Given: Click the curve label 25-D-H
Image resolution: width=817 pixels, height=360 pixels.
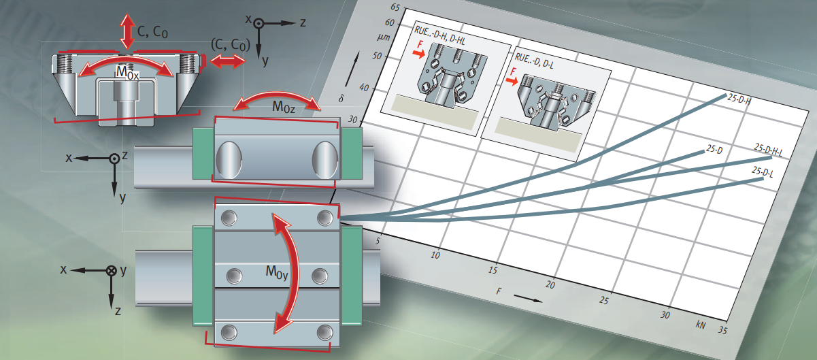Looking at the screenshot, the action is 739,99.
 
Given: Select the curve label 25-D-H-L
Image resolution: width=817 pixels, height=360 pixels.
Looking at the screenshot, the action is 768,150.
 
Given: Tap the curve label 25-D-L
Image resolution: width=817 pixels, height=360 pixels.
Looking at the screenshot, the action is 763,171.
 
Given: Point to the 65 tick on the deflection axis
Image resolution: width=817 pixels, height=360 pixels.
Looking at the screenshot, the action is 395,7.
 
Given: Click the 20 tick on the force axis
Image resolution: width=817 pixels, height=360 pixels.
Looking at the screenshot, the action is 550,285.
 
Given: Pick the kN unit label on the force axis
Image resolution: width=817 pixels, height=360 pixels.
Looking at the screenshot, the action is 700,325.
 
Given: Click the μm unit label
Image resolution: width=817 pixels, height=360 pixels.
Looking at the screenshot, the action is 384,37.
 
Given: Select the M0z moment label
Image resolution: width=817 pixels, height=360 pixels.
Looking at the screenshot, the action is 284,107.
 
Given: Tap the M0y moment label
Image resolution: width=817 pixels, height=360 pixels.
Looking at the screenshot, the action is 277,272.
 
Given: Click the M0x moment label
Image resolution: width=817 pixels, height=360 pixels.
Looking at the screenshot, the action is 127,73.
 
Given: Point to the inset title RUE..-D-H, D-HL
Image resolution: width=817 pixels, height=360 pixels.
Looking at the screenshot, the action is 439,35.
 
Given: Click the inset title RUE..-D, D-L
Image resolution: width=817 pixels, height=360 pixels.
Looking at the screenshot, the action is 534,61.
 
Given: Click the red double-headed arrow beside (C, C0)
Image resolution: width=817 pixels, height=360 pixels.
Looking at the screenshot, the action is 228,61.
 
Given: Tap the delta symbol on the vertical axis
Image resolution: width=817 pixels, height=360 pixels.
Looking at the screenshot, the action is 341,98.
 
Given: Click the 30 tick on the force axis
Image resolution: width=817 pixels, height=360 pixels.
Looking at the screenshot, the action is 665,315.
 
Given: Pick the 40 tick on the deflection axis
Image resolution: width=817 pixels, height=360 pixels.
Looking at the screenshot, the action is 364,88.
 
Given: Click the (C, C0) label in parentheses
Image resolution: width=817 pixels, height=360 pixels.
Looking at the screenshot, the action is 231,45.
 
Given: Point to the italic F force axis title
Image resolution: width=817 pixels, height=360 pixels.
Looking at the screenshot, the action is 499,291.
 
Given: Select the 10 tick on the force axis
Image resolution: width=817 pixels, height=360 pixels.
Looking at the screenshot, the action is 435,255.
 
